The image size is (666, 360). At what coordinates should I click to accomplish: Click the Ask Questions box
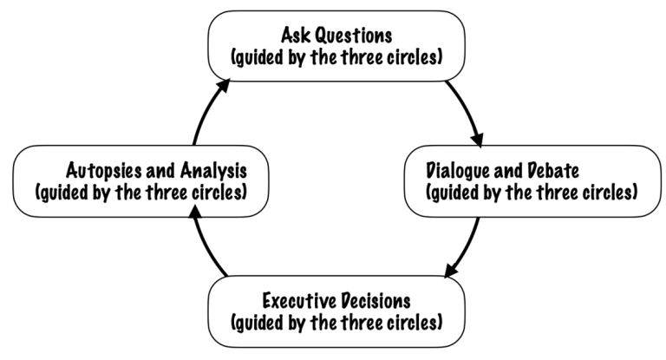tap(337, 45)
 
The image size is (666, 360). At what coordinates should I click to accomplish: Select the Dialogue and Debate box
tap(532, 180)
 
